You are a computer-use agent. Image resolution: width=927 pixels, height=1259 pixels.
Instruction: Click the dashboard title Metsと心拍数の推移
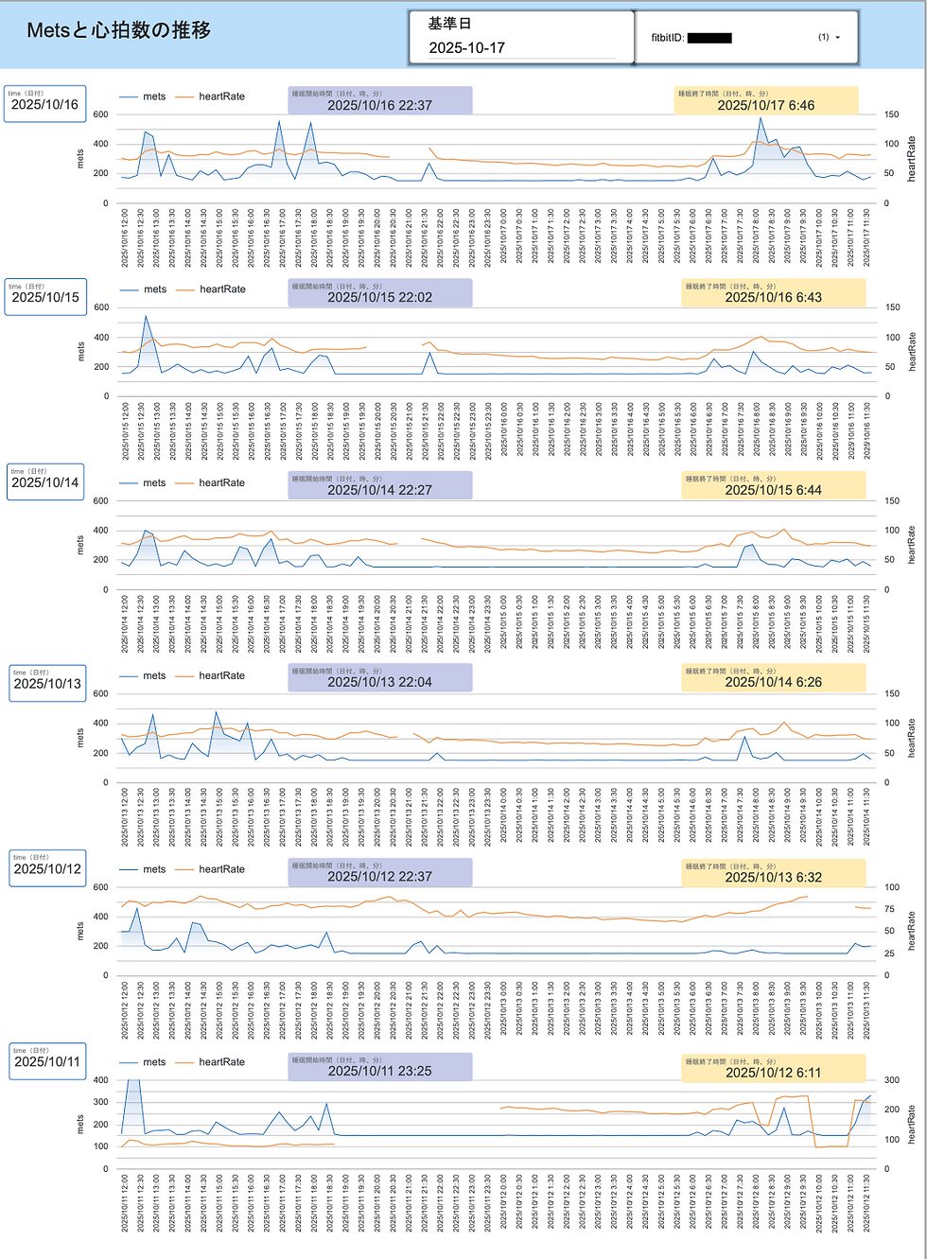118,30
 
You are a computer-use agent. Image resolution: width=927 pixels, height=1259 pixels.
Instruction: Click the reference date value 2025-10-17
467,47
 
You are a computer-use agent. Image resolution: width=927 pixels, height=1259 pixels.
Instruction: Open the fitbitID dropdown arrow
837,38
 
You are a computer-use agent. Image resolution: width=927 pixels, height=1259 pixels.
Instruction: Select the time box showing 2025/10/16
44,104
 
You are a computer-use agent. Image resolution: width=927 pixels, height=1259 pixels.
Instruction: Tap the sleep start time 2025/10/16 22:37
379,105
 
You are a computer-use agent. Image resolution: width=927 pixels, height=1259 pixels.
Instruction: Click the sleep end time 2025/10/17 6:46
765,105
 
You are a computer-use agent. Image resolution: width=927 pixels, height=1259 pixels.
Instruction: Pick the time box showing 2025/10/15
45,297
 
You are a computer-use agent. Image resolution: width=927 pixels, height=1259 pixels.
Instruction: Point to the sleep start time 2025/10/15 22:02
379,297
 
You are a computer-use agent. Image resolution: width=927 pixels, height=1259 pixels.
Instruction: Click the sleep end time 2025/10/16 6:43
773,297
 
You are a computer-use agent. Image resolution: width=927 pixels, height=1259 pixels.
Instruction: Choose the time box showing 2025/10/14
45,482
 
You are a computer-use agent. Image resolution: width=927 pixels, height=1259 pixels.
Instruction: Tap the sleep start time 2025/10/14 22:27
379,490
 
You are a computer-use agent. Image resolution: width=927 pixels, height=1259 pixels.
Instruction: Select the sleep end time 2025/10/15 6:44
773,490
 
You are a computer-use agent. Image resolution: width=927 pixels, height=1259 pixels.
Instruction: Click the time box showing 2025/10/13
47,684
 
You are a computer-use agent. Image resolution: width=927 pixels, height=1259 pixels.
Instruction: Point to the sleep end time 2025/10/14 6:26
773,682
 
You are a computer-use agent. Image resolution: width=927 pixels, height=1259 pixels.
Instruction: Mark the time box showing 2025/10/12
47,868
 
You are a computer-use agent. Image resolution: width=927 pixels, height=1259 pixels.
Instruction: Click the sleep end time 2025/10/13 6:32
773,877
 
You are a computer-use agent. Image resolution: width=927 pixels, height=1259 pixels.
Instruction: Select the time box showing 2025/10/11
47,1061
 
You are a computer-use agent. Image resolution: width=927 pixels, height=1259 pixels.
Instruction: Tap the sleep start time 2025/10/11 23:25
379,1071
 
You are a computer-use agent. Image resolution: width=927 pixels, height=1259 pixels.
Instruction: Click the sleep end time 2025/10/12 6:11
773,1073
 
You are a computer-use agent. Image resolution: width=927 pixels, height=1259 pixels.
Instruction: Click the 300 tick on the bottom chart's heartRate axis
892,1080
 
